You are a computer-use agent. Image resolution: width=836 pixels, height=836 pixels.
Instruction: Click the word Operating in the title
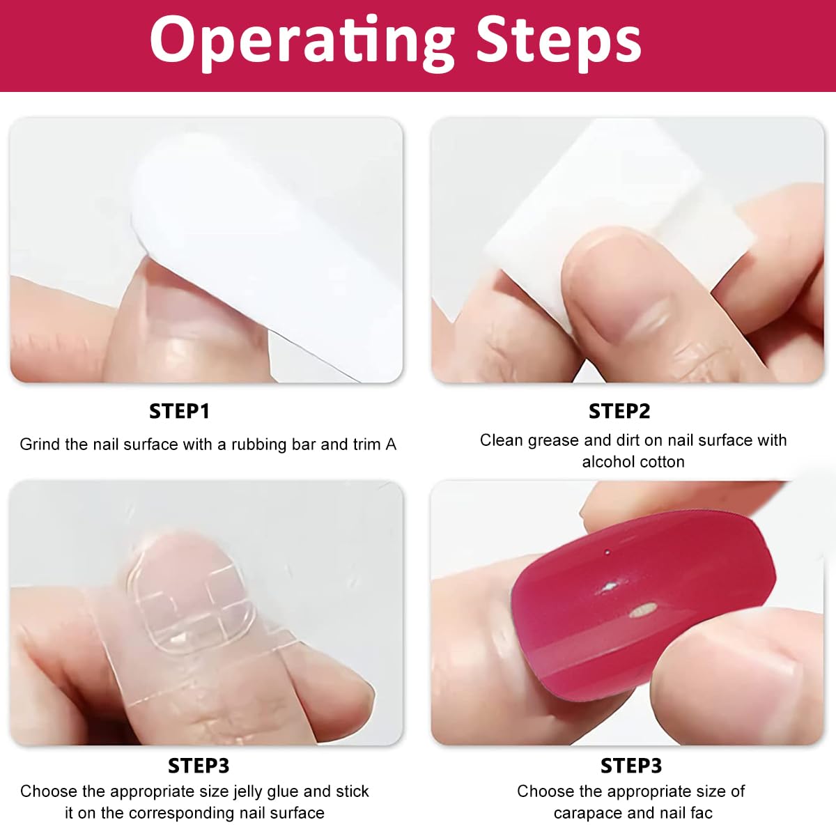[x=302, y=42]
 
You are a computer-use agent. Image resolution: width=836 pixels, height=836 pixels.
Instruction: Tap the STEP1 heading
[x=179, y=411]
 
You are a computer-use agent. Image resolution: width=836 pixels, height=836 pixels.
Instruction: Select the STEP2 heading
[x=619, y=411]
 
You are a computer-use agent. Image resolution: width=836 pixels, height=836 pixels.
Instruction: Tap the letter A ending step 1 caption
[x=390, y=444]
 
